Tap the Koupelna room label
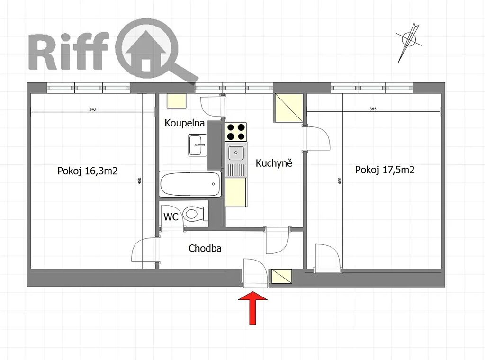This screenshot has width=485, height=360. tap(185, 123)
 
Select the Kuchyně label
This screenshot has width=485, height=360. tap(274, 163)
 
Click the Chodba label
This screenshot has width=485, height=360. tap(205, 248)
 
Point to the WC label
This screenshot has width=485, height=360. tap(171, 216)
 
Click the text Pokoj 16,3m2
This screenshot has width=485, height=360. tap(88, 171)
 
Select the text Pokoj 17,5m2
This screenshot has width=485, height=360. tap(385, 170)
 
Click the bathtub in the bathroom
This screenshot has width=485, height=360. tap(190, 184)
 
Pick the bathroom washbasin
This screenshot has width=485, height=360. tap(198, 145)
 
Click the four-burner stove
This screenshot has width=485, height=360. tap(236, 132)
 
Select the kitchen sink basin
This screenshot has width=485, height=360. tap(236, 153)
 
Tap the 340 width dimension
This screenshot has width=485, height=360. tap(92, 109)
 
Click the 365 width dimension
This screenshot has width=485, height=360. tap(373, 109)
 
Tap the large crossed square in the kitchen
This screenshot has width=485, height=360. tap(288, 108)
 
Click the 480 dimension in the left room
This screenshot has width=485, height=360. tap(139, 181)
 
